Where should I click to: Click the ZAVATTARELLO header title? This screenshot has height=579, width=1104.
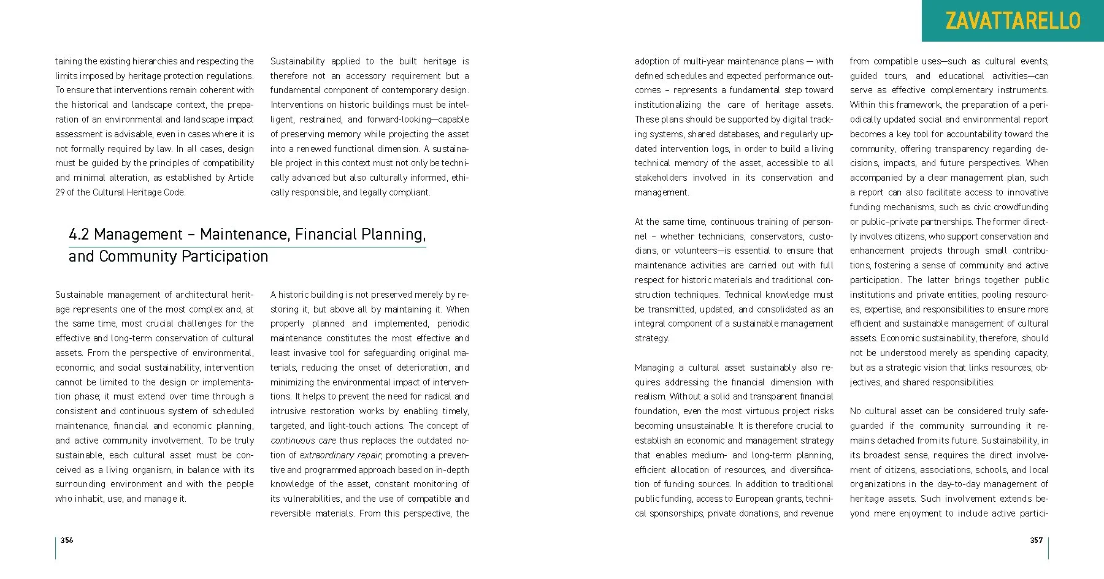pyautogui.click(x=1013, y=21)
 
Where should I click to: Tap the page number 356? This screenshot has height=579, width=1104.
pyautogui.click(x=67, y=540)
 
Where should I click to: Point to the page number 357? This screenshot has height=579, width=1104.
pyautogui.click(x=1036, y=540)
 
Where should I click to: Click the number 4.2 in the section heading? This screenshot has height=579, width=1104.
pyautogui.click(x=79, y=235)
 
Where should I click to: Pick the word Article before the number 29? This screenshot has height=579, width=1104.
pyautogui.click(x=241, y=178)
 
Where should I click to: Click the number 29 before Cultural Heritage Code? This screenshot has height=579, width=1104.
pyautogui.click(x=60, y=192)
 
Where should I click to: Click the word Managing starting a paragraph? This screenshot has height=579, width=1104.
pyautogui.click(x=654, y=368)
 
